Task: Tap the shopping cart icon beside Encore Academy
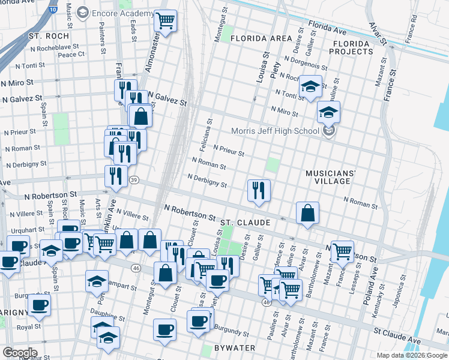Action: (x=165, y=22)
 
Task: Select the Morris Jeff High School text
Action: (x=276, y=131)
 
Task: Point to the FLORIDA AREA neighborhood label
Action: (x=260, y=38)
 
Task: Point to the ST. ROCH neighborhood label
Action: (x=49, y=36)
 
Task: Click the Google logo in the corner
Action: (x=20, y=353)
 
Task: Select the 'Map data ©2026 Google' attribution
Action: (x=411, y=355)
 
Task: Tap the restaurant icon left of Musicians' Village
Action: (x=259, y=191)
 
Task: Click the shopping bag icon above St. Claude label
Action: (x=307, y=213)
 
